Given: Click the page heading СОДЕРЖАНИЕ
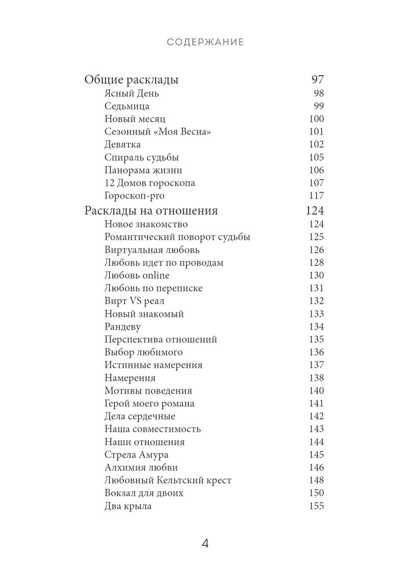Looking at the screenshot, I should tap(205, 42).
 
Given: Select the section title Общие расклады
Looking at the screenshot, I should tap(131, 80).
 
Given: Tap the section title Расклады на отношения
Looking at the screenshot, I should tap(151, 211).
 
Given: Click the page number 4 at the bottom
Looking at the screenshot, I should tap(205, 544).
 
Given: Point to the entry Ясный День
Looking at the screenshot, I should tap(132, 94).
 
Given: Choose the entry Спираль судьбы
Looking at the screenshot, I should tap(141, 158).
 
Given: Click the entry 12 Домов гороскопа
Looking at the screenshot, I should tap(149, 183).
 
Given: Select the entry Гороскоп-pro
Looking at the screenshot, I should tap(134, 196).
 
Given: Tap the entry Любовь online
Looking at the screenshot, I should tap(137, 276).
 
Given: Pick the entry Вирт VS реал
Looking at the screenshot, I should tap(134, 301).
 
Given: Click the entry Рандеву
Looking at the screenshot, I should tap(122, 327).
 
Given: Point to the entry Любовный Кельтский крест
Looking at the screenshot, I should tap(168, 480).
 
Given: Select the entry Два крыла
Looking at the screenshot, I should tap(128, 506).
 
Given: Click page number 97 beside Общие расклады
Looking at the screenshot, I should tap(318, 80).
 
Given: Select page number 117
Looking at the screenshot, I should tap(316, 196).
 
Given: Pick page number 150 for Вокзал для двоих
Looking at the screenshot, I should tap(316, 493).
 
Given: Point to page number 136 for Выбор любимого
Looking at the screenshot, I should tap(316, 352).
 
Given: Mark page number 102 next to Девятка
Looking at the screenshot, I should tap(316, 145).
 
